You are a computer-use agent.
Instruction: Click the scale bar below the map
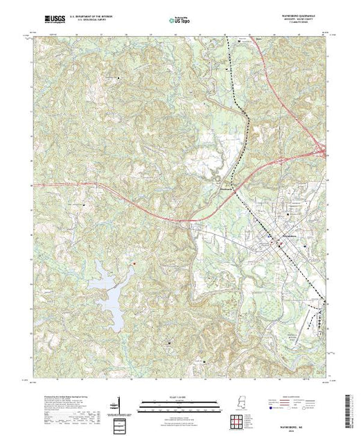point(179,402)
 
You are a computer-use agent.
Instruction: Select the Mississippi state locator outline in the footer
point(239,404)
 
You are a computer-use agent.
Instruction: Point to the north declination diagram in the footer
point(120,405)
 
